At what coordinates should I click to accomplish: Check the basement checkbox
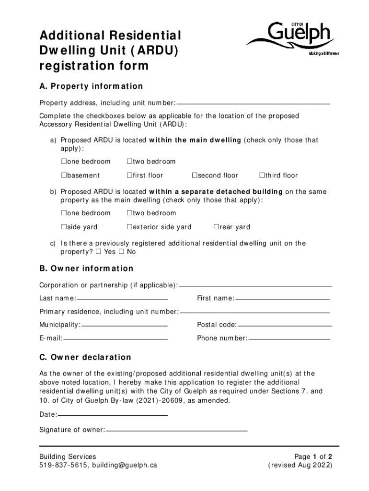(63, 175)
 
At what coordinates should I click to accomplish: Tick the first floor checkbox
(129, 175)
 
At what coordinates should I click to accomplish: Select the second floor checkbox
(195, 175)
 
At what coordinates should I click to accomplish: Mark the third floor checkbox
(262, 175)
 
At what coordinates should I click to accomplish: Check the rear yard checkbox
(216, 227)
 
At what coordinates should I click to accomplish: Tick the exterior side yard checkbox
(129, 227)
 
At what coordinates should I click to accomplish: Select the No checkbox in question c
(122, 252)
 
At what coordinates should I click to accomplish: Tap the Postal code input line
(284, 325)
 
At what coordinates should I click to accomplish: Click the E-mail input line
(115, 339)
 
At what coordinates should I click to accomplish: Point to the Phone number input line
(289, 339)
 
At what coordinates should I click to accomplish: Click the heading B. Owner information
(86, 269)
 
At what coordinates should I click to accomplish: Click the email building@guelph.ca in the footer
(125, 465)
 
